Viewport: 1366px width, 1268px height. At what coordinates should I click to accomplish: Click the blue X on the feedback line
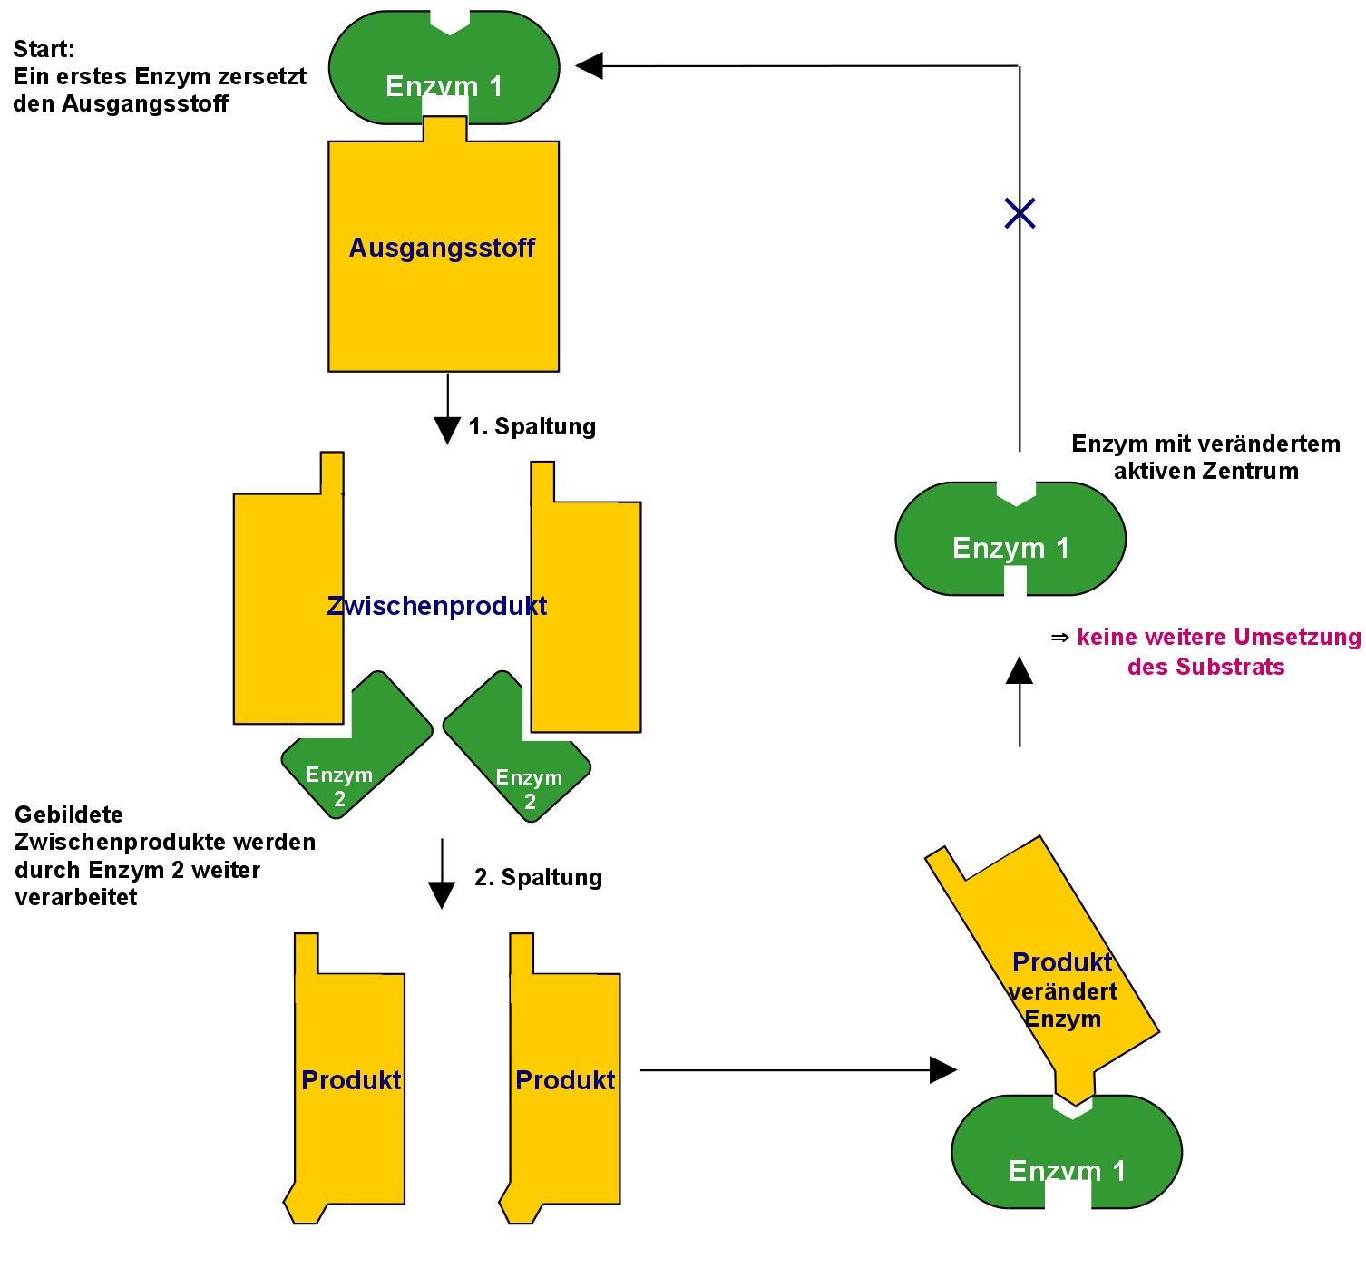(1020, 213)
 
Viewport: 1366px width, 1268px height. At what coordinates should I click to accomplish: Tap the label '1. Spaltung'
(532, 426)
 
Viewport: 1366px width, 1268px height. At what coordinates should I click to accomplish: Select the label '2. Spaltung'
(538, 877)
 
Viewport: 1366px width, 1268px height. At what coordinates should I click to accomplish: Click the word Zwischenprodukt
(436, 606)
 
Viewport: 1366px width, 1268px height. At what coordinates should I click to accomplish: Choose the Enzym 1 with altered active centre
(1010, 540)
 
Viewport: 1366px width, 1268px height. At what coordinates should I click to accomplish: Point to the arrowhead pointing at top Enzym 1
(590, 65)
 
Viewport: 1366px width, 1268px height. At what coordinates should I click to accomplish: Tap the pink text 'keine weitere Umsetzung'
(1218, 638)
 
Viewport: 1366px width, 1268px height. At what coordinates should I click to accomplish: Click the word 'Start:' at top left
(44, 49)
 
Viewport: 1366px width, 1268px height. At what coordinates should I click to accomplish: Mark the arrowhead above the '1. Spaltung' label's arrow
(447, 430)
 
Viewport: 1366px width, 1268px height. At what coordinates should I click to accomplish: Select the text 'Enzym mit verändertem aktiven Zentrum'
(1205, 457)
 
